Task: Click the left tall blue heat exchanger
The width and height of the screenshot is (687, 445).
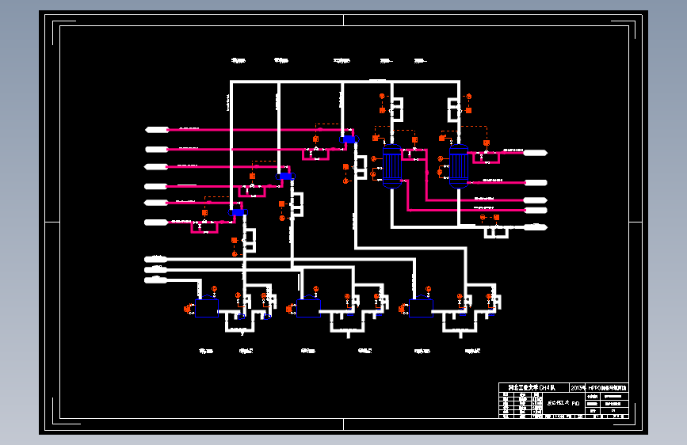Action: coord(391,165)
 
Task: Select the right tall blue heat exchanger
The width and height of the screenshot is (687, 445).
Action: coord(458,165)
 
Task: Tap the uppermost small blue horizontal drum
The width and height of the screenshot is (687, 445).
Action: coord(349,140)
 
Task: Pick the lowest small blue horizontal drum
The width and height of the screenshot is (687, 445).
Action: coord(238,212)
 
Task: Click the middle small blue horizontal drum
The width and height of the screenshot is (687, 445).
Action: coord(285,176)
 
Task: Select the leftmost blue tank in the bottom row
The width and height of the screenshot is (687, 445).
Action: coord(207,308)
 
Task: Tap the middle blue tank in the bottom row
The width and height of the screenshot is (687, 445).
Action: coord(308,308)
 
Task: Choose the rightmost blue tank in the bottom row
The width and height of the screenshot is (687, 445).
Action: coord(421,308)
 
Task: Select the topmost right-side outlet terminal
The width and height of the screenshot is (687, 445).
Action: coord(536,152)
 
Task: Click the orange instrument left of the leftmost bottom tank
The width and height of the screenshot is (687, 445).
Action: coord(187,309)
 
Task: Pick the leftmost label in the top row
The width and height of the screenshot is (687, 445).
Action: coord(238,60)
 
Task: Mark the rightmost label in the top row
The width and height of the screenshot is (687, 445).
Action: coord(421,60)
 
